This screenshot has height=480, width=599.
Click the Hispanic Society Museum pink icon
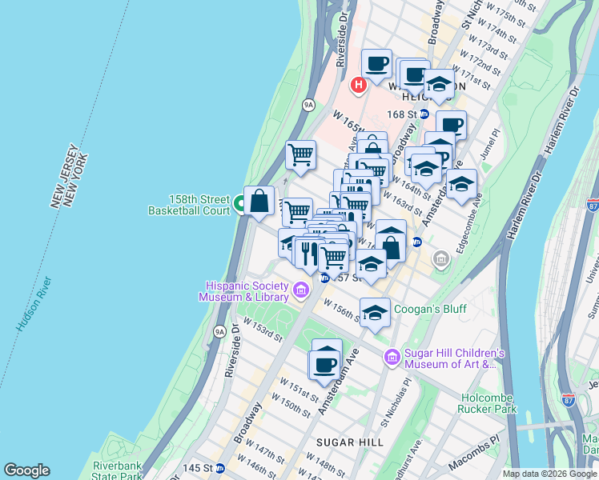pyautogui.click(x=301, y=290)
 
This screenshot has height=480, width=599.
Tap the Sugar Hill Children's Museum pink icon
pyautogui.click(x=392, y=358)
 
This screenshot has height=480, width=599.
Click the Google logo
pyautogui.click(x=26, y=470)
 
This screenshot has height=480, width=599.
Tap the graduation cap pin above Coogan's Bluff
pyautogui.click(x=374, y=313)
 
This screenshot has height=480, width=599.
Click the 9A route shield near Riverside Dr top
pyautogui.click(x=308, y=104)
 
